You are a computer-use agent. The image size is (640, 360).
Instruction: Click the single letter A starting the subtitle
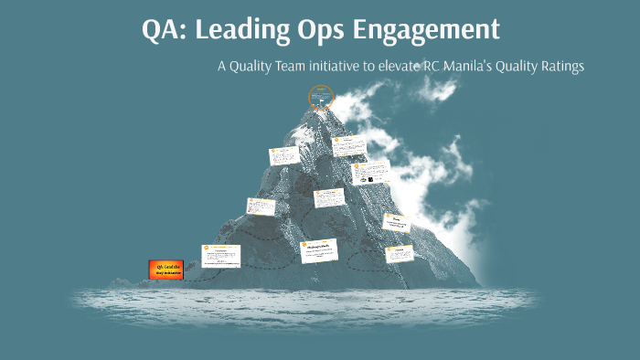click(x=222, y=67)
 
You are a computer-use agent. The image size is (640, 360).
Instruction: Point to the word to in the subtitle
click(x=390, y=67)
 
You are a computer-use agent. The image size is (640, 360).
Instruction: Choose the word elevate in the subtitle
click(x=424, y=67)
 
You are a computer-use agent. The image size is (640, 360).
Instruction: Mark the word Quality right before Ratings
click(x=549, y=67)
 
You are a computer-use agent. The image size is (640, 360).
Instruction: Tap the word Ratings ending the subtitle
click(x=597, y=67)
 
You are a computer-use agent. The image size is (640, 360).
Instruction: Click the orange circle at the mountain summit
click(x=319, y=95)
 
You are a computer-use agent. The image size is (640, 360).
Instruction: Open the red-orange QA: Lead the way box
click(x=164, y=269)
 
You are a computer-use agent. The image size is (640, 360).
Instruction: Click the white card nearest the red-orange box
click(x=220, y=255)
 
